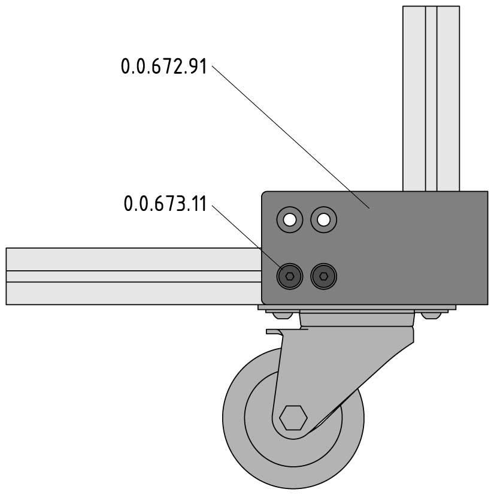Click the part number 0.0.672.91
click(x=163, y=67)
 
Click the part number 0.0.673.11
click(x=165, y=204)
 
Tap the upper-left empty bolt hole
click(x=290, y=220)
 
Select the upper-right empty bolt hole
click(x=324, y=220)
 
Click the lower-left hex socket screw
click(x=290, y=276)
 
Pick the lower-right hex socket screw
click(x=324, y=276)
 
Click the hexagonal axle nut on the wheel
click(x=293, y=418)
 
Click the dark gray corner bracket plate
click(x=375, y=248)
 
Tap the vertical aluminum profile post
click(x=431, y=98)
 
